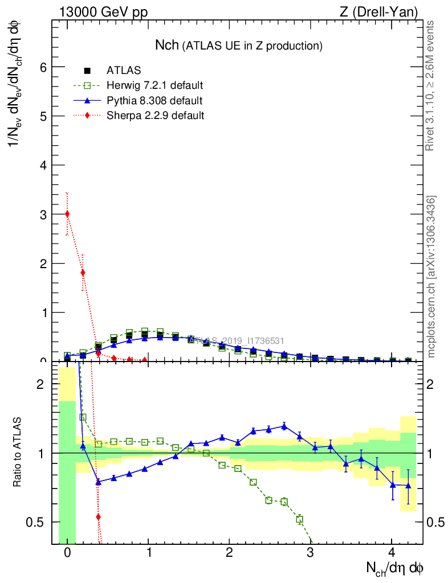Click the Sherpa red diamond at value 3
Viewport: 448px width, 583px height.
67,214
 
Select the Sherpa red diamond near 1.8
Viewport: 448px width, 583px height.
83,273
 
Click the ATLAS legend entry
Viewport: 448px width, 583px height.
123,71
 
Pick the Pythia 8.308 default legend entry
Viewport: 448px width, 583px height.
154,101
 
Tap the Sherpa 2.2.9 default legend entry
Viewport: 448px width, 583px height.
155,116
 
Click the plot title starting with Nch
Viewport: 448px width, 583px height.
239,45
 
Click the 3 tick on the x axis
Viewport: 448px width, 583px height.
311,552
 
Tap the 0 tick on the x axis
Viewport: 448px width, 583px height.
67,552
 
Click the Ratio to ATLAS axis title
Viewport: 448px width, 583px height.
19,453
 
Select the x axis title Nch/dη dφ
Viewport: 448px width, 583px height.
395,568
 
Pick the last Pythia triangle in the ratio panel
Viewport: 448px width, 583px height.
408,485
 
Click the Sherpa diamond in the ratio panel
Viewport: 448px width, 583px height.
98,517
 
